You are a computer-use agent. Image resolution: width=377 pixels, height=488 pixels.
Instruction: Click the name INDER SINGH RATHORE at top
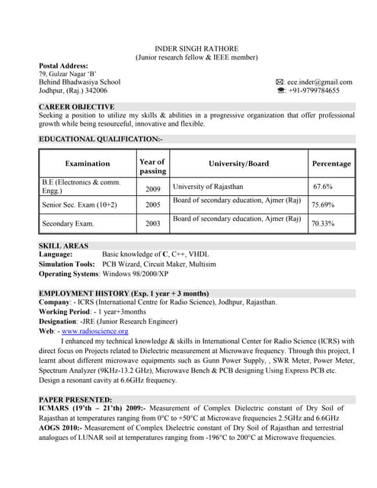click(x=196, y=47)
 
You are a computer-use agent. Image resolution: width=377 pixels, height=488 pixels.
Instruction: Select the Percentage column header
click(x=331, y=163)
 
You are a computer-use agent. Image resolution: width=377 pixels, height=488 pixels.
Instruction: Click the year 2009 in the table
click(x=152, y=188)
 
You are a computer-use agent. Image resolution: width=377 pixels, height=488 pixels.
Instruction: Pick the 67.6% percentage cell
click(x=323, y=187)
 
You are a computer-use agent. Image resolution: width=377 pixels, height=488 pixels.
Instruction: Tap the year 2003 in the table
click(x=152, y=224)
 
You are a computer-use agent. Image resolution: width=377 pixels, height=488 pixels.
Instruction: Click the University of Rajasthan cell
click(x=208, y=186)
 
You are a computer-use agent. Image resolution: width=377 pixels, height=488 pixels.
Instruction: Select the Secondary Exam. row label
click(x=68, y=223)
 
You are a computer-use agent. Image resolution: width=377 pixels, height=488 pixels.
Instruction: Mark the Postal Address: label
click(x=63, y=66)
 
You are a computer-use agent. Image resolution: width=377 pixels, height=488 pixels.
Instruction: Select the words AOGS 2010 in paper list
click(x=59, y=429)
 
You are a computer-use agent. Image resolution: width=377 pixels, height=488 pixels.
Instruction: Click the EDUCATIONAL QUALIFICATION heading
click(x=101, y=140)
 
